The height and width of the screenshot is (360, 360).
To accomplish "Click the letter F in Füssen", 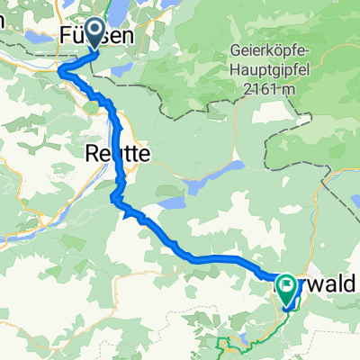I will pos(66,37).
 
